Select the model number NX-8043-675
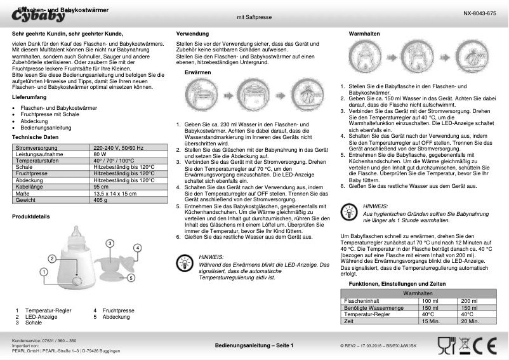tap(480, 13)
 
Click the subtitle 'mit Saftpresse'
tap(254, 19)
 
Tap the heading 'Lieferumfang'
tap(29, 97)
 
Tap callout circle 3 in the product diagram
tap(110, 243)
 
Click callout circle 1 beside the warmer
tap(44, 271)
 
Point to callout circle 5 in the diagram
tap(131, 277)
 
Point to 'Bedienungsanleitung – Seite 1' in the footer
tap(255, 345)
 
